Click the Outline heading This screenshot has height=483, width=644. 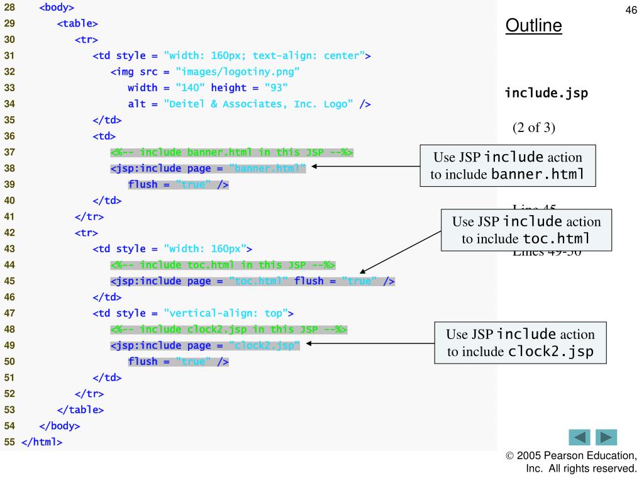(x=533, y=26)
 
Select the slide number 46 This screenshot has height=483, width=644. (x=631, y=10)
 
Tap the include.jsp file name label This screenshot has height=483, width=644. (x=546, y=94)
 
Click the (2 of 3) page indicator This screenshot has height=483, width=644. (x=534, y=128)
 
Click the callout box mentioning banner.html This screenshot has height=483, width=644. (x=508, y=165)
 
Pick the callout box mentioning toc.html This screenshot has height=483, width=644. (x=526, y=230)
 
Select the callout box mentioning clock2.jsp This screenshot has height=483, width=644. (x=520, y=343)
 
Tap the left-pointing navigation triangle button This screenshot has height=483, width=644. (x=579, y=438)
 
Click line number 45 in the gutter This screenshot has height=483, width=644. (x=9, y=281)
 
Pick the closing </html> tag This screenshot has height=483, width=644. (x=42, y=442)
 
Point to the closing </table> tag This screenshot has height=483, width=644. (x=80, y=410)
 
